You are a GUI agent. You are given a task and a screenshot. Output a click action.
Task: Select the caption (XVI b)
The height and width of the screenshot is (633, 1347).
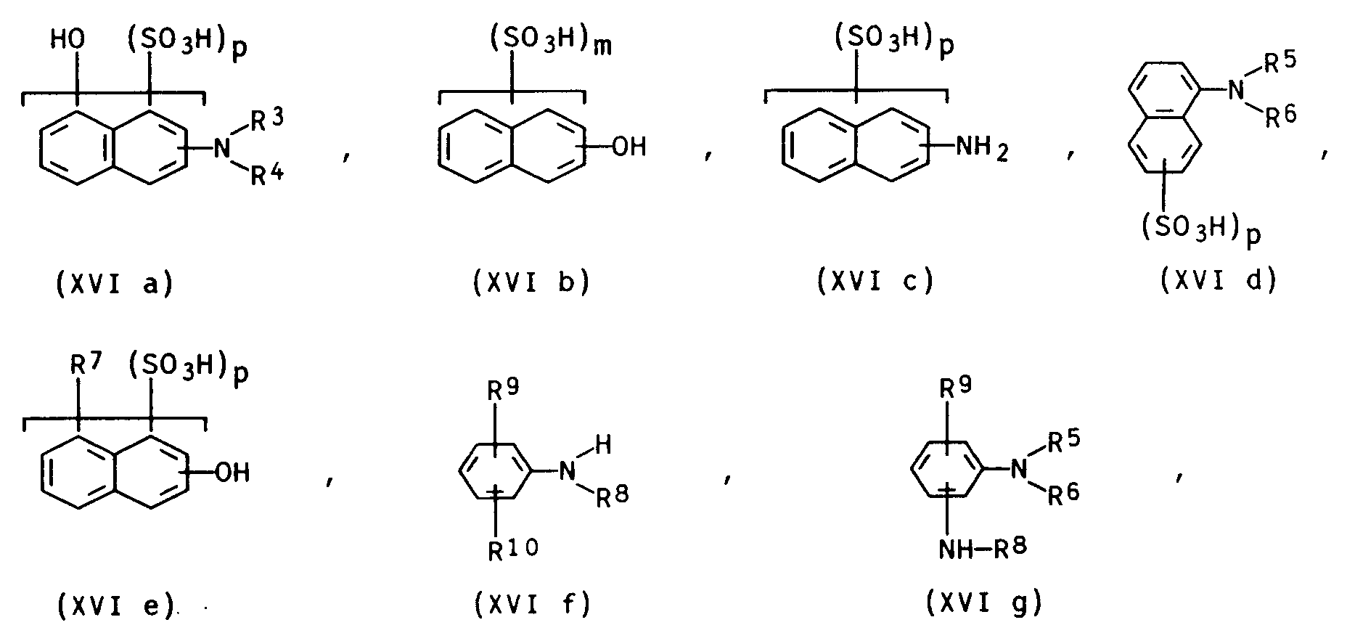point(531,282)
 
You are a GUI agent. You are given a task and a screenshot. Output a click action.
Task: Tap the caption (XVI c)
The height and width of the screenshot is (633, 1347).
point(875,281)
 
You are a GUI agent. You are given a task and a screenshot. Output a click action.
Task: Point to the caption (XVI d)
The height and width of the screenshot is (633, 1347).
point(1219,279)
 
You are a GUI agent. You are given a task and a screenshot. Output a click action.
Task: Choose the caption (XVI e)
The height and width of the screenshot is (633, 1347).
point(115,605)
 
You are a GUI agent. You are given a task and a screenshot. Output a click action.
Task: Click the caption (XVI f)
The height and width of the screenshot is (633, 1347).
point(532,603)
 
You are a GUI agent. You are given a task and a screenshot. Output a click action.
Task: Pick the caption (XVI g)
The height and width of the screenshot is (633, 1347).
point(984,603)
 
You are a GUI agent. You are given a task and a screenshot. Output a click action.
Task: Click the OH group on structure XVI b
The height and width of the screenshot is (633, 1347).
point(629,149)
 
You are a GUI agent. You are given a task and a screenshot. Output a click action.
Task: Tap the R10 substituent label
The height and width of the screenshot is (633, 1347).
point(512,550)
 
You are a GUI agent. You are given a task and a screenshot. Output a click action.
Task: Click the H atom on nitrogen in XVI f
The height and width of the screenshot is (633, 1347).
point(604,445)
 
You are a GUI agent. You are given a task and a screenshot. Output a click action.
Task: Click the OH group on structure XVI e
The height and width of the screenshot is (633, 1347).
point(233,473)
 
